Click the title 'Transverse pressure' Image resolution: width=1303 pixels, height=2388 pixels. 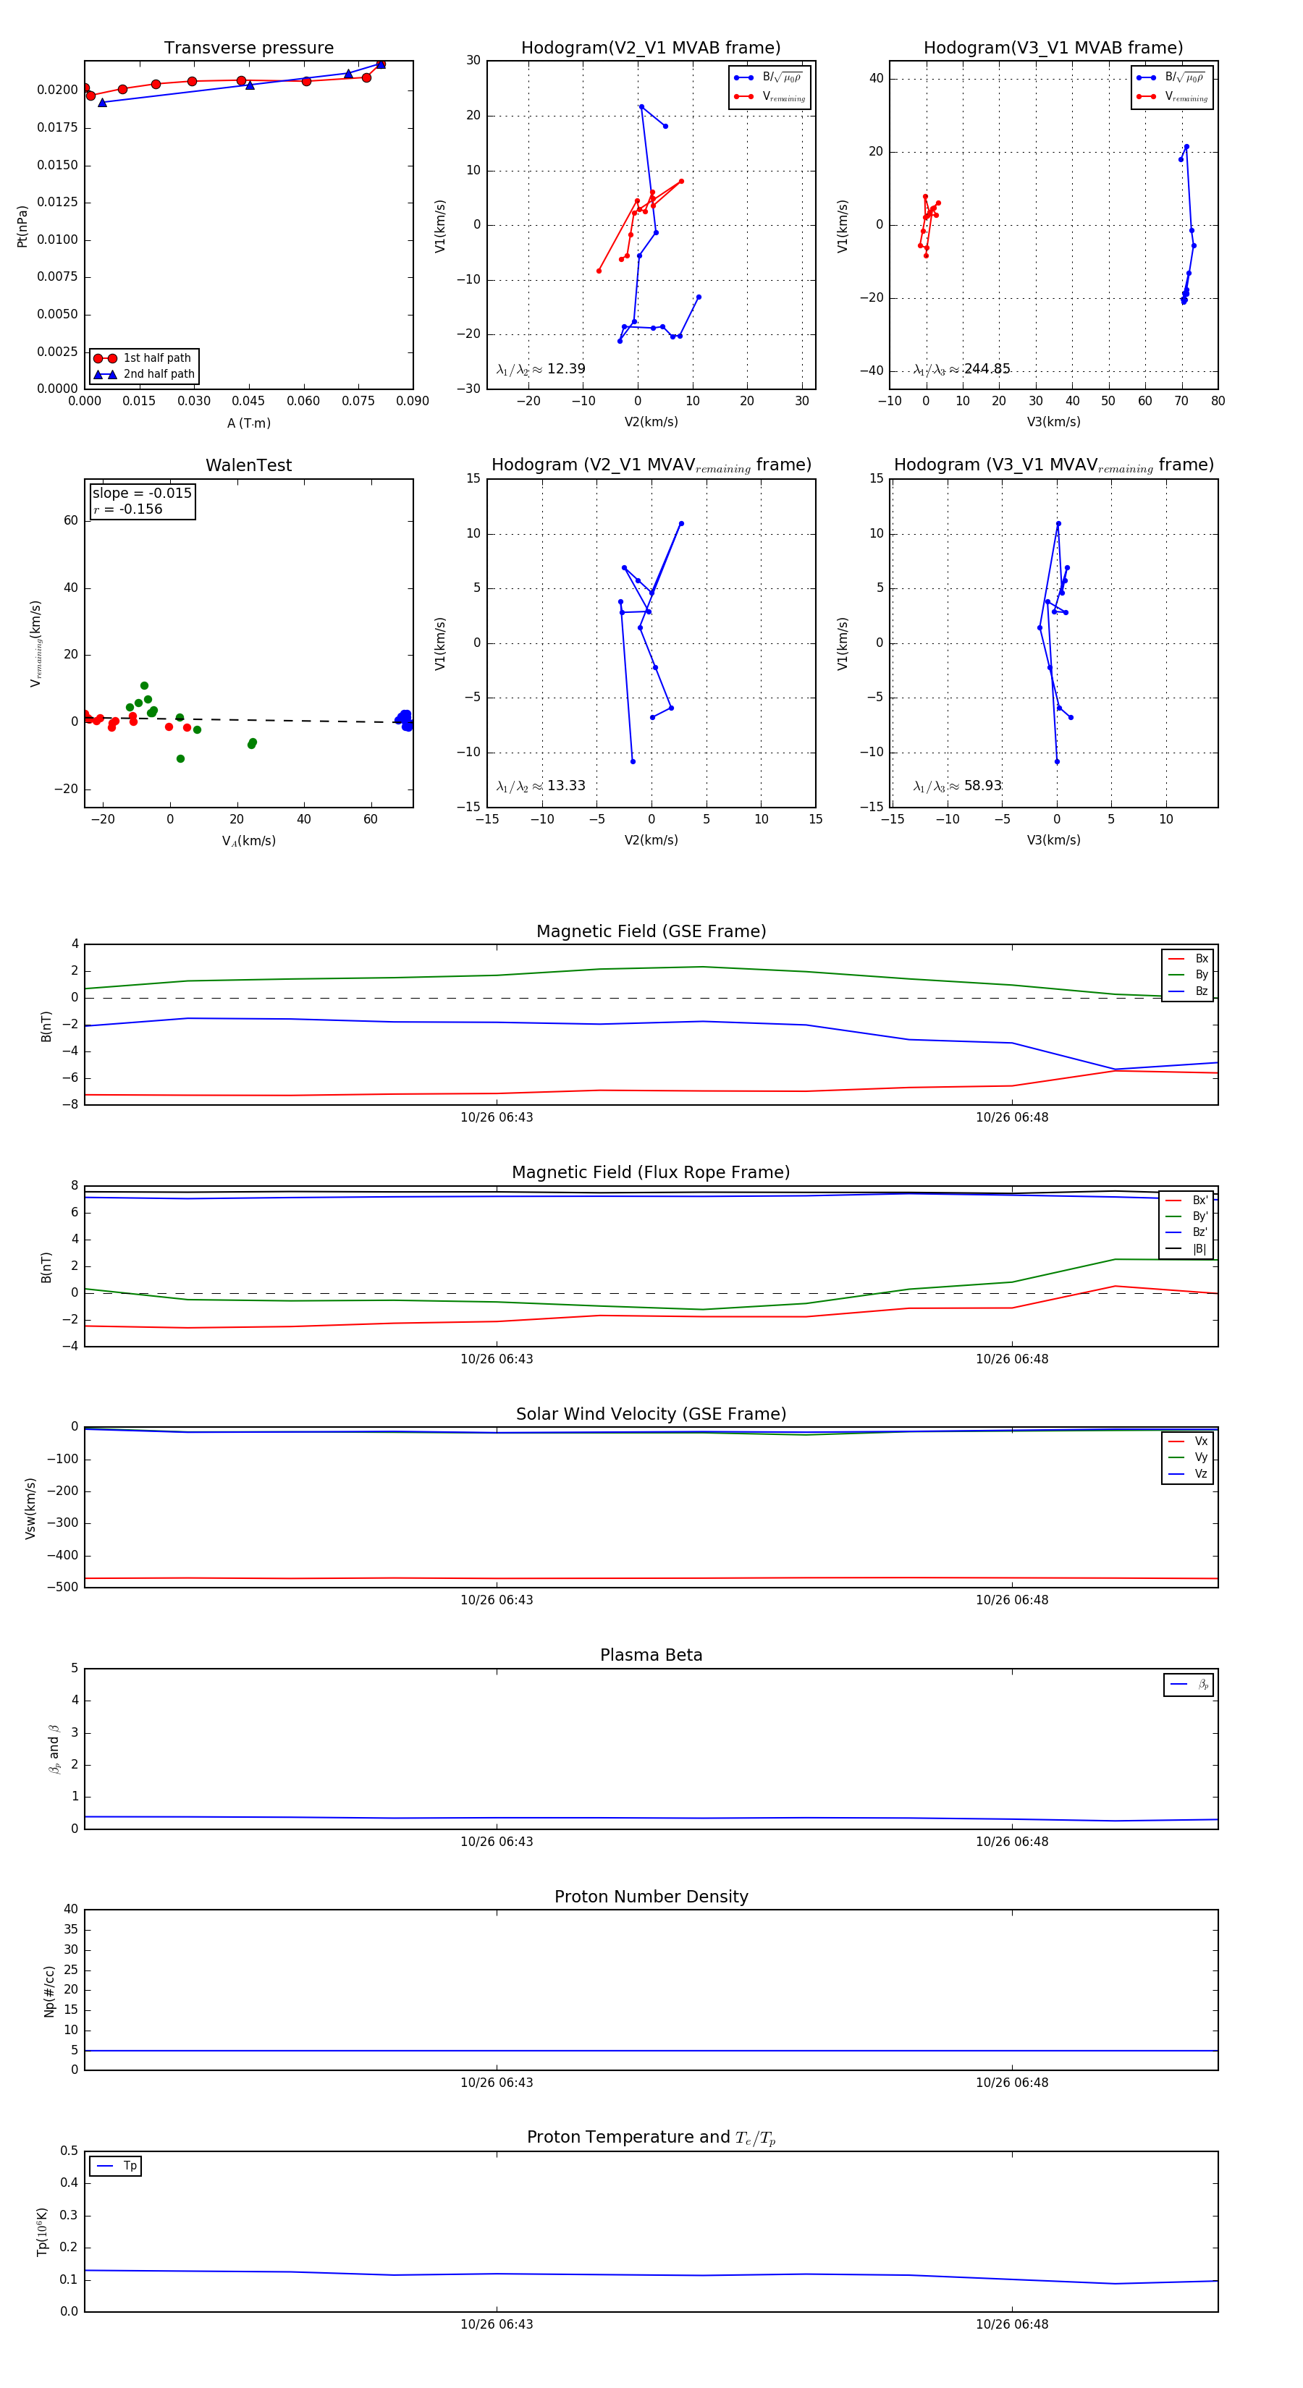(248, 48)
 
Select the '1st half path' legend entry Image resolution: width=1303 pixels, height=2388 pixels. (157, 357)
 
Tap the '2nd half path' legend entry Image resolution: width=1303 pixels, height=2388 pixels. (159, 375)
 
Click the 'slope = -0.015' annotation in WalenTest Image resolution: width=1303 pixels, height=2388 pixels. (142, 494)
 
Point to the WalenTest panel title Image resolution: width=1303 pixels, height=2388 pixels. (248, 465)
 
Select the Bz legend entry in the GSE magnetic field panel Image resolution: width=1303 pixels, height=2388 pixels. (1201, 991)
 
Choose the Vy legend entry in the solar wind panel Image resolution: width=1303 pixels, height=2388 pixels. (1201, 1457)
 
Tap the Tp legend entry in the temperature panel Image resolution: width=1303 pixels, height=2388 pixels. (130, 2166)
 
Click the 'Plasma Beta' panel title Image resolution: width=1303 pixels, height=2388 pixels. (651, 1655)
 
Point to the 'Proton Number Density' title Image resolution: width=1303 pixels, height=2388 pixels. (651, 1897)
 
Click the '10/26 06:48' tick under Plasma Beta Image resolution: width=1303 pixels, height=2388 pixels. (1012, 1841)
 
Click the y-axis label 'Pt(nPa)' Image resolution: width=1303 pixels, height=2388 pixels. (22, 226)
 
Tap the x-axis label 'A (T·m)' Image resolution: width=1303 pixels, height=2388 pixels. (248, 423)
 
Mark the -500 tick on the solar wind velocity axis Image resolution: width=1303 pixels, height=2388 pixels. (63, 1587)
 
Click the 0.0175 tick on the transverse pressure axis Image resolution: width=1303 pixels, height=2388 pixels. (56, 127)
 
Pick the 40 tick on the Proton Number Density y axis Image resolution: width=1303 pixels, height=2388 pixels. (70, 1909)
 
